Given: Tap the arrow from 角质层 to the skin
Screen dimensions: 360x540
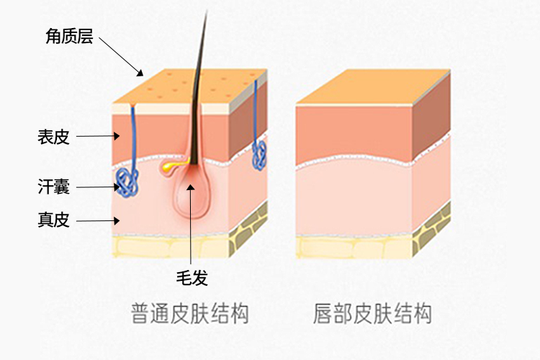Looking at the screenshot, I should tap(121, 55).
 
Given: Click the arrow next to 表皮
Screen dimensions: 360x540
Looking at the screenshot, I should tap(97, 135).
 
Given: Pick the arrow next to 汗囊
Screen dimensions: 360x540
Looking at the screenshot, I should tap(98, 187).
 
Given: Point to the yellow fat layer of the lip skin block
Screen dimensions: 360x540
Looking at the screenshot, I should tap(353, 246).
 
